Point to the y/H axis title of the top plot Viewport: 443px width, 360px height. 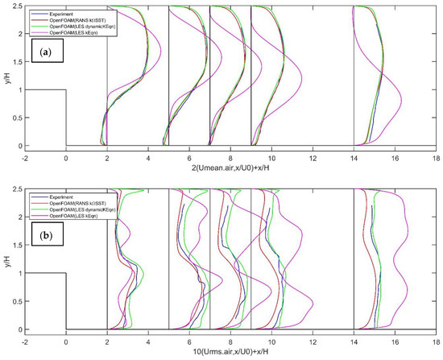pos(6,76)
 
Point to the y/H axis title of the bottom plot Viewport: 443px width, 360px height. pos(6,258)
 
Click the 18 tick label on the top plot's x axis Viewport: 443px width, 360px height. pos(435,155)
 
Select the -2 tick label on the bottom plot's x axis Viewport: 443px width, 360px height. pos(24,338)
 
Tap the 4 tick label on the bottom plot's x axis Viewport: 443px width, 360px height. pos(148,338)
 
